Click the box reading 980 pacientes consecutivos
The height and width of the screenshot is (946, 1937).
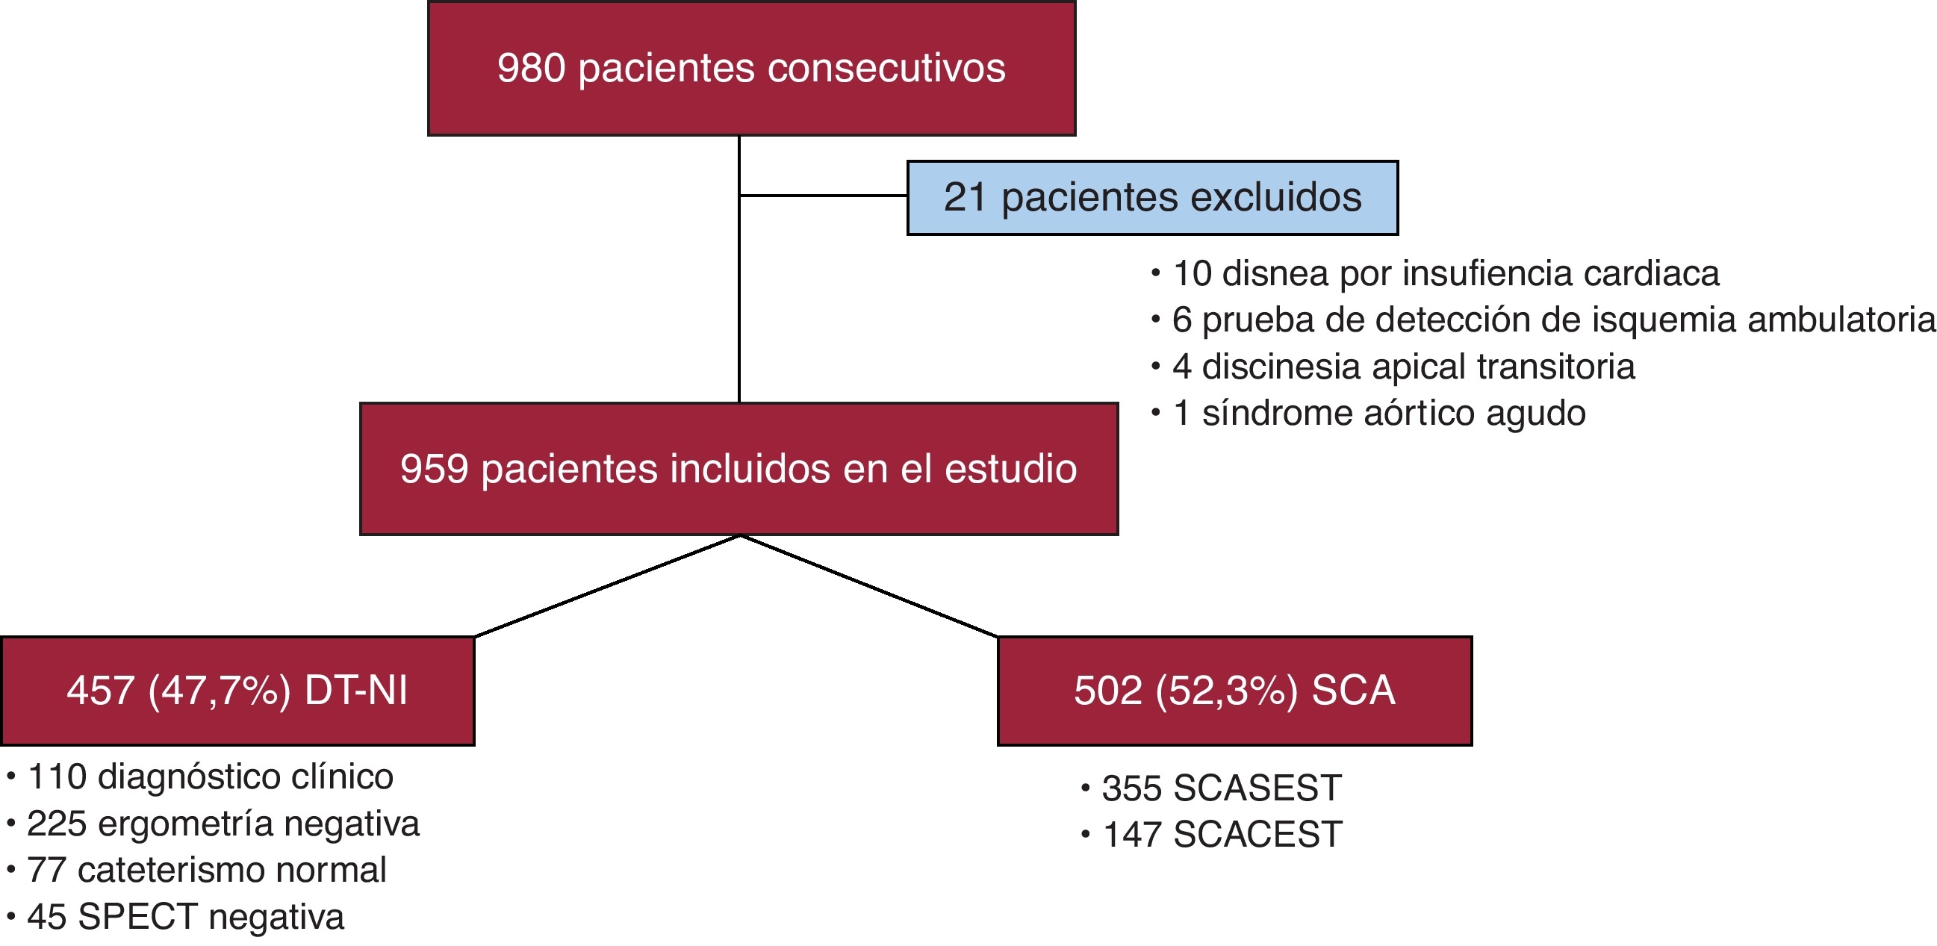(x=751, y=69)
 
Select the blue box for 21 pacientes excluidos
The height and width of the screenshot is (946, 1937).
(x=1152, y=198)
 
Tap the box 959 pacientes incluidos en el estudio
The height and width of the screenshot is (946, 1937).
(x=739, y=468)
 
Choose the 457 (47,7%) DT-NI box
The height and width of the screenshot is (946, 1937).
(x=237, y=691)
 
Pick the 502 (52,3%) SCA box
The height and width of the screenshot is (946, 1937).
(x=1234, y=691)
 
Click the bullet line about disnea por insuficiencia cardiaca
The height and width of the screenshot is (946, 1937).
(x=1444, y=273)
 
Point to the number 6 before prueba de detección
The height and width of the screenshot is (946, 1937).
(x=1182, y=320)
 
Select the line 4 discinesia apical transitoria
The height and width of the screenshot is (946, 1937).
(x=1402, y=367)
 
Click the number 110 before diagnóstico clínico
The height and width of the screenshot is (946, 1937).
(x=57, y=777)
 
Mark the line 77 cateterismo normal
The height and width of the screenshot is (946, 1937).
(x=206, y=870)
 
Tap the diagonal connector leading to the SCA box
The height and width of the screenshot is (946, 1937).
(x=869, y=586)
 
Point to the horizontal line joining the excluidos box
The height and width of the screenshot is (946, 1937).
(x=824, y=196)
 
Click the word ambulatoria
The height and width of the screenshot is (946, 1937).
(x=1841, y=320)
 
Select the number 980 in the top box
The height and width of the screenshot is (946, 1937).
(x=531, y=69)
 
